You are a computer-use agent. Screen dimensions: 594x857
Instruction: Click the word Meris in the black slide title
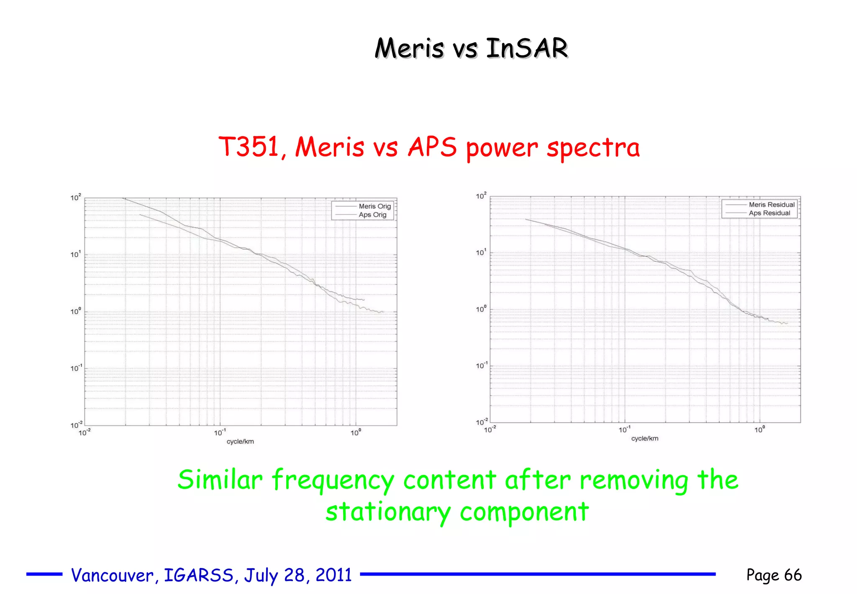coord(409,48)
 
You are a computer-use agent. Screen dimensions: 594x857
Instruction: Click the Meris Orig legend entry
coord(375,206)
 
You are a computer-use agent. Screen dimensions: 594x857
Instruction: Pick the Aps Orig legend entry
coord(372,214)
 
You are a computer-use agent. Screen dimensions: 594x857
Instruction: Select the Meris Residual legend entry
coord(771,204)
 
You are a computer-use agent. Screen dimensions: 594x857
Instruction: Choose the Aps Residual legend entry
coord(769,213)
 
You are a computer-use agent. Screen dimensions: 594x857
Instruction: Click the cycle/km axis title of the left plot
coord(240,442)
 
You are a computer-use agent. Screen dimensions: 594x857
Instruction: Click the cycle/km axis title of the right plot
coord(644,439)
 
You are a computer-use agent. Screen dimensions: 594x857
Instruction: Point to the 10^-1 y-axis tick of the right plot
coord(481,366)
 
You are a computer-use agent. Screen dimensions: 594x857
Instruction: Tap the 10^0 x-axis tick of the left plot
coord(356,432)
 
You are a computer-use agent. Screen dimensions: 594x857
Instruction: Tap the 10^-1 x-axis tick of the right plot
coord(624,429)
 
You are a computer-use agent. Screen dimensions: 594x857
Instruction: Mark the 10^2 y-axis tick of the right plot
coord(481,196)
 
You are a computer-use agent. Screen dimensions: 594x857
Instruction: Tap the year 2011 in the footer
coord(334,575)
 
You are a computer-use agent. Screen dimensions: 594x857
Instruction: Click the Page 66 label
coord(774,575)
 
